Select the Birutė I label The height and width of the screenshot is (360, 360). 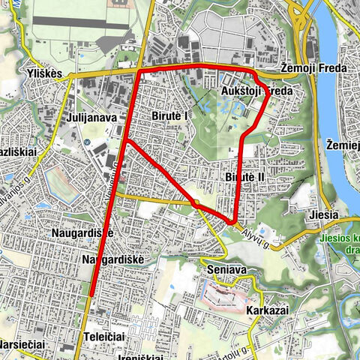pos(169,117)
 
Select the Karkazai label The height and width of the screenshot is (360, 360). pos(266,307)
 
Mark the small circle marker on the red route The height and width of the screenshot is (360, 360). pos(195,202)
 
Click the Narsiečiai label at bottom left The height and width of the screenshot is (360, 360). pos(22,343)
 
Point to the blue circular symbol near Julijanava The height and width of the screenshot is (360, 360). pos(88,142)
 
